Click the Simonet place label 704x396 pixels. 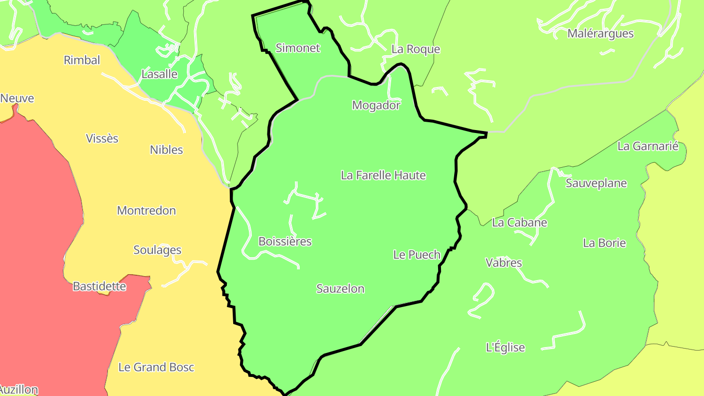(x=298, y=48)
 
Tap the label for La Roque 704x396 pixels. (x=416, y=49)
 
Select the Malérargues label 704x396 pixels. (x=600, y=34)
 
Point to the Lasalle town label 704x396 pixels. (x=159, y=74)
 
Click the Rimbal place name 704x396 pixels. (x=82, y=60)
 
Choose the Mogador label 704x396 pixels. (x=376, y=105)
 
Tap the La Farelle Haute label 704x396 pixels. (x=383, y=175)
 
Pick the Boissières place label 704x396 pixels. (x=285, y=242)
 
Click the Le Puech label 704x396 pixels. (x=417, y=255)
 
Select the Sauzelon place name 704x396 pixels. (x=340, y=288)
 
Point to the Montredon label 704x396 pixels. (x=146, y=211)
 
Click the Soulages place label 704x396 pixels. (x=157, y=250)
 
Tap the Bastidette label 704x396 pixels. (x=99, y=286)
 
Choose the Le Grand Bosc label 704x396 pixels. (x=156, y=367)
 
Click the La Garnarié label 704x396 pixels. (x=648, y=146)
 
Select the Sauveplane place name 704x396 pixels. (x=596, y=183)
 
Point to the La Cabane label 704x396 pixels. (x=519, y=223)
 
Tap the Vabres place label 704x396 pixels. (x=504, y=263)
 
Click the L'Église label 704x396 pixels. (x=506, y=348)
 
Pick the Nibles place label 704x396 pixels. (x=166, y=150)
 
